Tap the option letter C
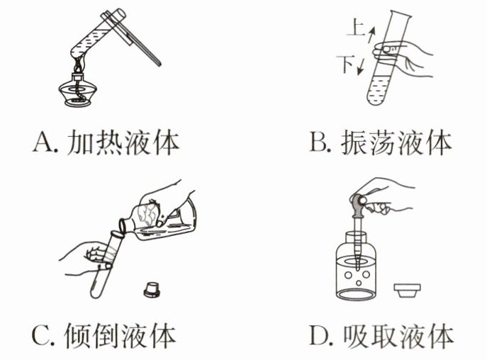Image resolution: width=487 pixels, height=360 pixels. (x=40, y=335)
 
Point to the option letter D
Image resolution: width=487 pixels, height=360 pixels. (x=318, y=335)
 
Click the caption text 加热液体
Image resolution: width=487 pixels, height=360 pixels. (x=123, y=142)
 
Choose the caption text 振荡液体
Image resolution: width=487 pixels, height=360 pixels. (x=396, y=142)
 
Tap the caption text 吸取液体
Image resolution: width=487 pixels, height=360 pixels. (x=399, y=335)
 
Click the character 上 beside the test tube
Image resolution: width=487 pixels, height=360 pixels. (x=356, y=27)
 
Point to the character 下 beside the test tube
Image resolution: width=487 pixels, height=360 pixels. (x=345, y=64)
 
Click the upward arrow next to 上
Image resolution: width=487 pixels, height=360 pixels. (x=371, y=35)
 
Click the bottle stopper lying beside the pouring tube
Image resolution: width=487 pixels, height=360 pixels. (x=152, y=289)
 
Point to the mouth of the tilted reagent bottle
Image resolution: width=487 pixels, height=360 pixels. (x=123, y=226)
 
